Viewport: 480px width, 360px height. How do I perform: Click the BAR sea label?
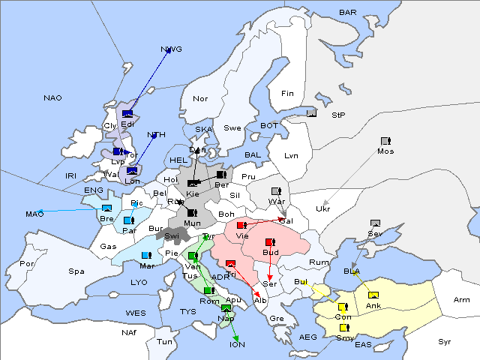click(348, 12)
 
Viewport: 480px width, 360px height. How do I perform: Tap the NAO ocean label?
click(52, 98)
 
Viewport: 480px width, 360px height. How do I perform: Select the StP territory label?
click(338, 115)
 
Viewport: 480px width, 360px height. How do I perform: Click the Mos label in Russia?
click(385, 151)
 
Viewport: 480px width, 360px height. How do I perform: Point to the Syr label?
click(445, 341)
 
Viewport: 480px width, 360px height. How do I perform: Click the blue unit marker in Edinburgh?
click(127, 114)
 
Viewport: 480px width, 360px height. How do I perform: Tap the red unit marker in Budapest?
click(270, 242)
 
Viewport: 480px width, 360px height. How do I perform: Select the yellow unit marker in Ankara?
click(373, 294)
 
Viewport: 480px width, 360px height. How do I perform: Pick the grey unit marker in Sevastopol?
click(376, 223)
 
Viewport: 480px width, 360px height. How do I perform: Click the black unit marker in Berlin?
click(220, 175)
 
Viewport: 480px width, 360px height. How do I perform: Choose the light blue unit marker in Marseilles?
click(146, 256)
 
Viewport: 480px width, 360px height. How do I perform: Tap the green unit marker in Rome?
click(208, 290)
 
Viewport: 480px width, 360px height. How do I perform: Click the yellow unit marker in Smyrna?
click(344, 327)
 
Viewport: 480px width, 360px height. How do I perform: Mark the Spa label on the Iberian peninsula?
click(76, 271)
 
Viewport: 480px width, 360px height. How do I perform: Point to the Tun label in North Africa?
click(164, 341)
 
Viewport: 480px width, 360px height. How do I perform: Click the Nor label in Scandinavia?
click(200, 98)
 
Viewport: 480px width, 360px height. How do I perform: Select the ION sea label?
click(237, 345)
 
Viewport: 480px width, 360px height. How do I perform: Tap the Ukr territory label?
click(323, 208)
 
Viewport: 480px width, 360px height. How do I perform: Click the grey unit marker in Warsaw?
click(275, 190)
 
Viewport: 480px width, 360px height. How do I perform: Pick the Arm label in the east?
click(462, 300)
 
